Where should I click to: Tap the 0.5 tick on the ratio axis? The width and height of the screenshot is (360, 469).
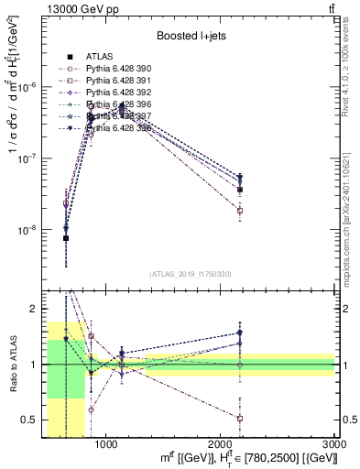point(33,420)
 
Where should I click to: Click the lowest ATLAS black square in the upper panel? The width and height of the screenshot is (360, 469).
point(66,238)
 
